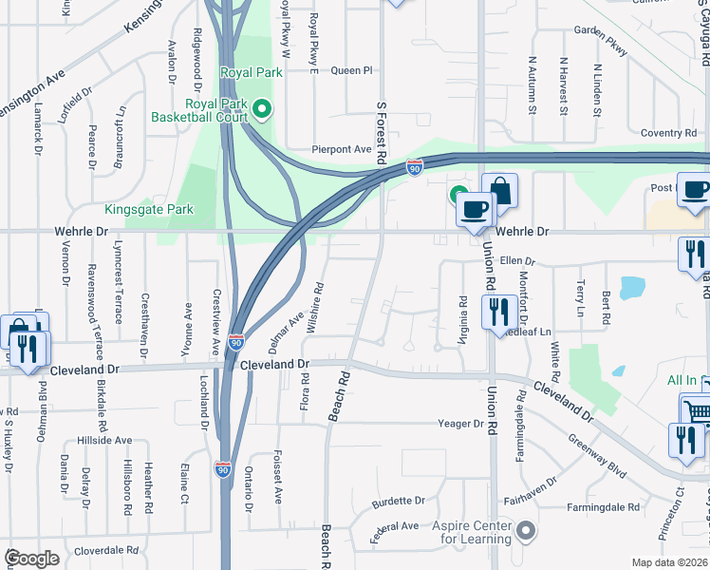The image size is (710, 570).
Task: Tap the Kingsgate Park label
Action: click(149, 209)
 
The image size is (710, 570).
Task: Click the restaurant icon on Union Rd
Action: click(498, 312)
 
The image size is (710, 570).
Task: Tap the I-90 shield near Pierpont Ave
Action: click(415, 167)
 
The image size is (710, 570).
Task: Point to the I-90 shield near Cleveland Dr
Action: click(234, 342)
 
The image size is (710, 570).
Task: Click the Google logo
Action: click(31, 559)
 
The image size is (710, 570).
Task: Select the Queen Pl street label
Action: click(352, 70)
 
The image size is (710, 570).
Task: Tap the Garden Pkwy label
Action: click(602, 38)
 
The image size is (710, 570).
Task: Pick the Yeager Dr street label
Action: click(460, 423)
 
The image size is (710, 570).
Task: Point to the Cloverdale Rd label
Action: click(106, 550)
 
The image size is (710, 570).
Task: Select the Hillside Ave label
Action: click(104, 441)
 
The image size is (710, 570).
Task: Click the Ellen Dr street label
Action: click(518, 261)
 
